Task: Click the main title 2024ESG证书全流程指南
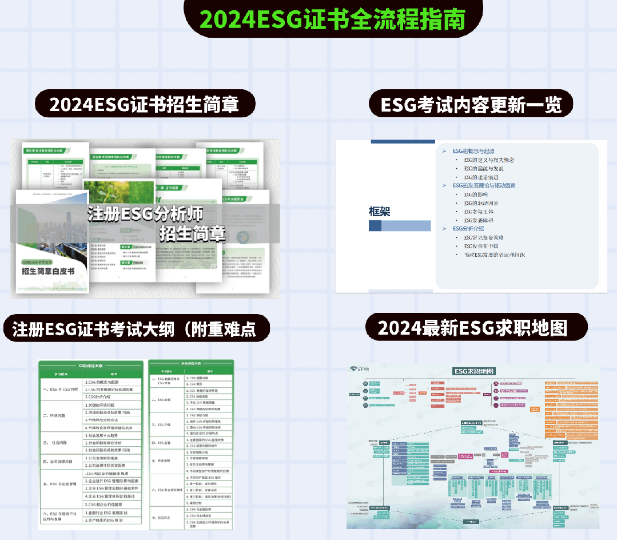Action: pyautogui.click(x=333, y=19)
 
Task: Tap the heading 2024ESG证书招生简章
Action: pyautogui.click(x=144, y=105)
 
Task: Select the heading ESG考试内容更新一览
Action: pyautogui.click(x=471, y=105)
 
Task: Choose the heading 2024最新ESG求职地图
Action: pyautogui.click(x=472, y=328)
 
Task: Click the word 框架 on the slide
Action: pyautogui.click(x=380, y=212)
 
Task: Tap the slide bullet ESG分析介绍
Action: pyautogui.click(x=468, y=228)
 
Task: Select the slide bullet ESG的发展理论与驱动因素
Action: pyautogui.click(x=484, y=185)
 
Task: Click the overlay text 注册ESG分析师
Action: pyautogui.click(x=145, y=214)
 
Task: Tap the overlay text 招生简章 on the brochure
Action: pyautogui.click(x=193, y=233)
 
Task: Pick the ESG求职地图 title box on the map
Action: pyautogui.click(x=474, y=371)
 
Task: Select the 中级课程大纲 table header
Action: pyautogui.click(x=90, y=365)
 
